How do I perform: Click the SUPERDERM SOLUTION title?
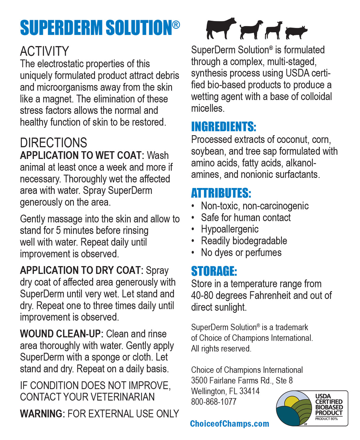[100, 28]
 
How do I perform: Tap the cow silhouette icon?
[221, 28]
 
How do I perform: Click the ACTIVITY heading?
[44, 51]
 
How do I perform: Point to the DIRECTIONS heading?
[53, 143]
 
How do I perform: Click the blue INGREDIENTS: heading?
[224, 127]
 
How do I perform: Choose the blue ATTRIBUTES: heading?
[221, 193]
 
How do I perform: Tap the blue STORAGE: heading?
[214, 271]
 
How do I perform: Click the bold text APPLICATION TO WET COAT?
[82, 155]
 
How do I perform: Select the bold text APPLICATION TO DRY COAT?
[82, 270]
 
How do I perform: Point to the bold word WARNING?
[42, 414]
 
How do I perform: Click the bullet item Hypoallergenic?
[230, 229]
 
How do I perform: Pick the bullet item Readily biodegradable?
[244, 241]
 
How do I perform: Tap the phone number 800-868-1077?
[214, 402]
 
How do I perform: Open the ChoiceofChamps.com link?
[230, 424]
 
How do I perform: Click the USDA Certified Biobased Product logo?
[312, 408]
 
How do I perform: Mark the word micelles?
[207, 108]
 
